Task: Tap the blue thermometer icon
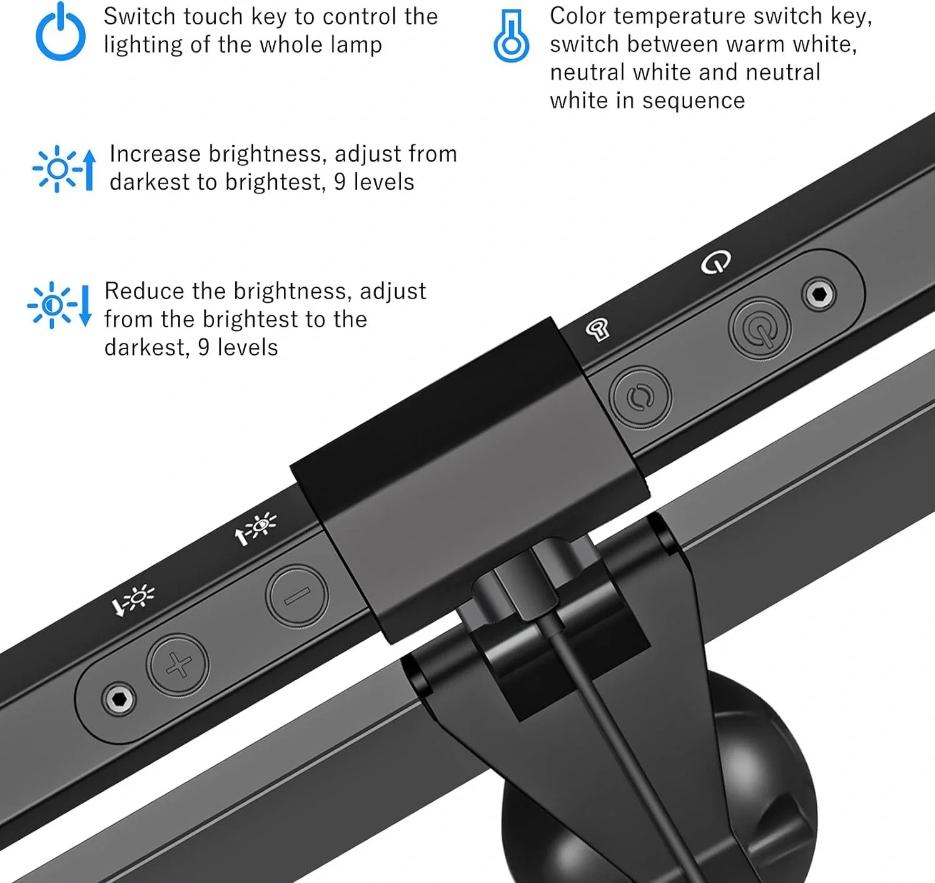coord(512,36)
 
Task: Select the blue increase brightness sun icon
coord(64,169)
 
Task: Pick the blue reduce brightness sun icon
coord(59,305)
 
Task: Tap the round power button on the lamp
coord(760,329)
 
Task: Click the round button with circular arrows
coord(640,397)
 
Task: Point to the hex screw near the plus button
coord(118,699)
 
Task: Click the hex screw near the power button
coord(819,294)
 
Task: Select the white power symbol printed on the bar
coord(715,262)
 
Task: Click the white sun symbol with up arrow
coord(256,529)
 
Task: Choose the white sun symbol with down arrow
coord(133,600)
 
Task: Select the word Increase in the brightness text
coord(155,154)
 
